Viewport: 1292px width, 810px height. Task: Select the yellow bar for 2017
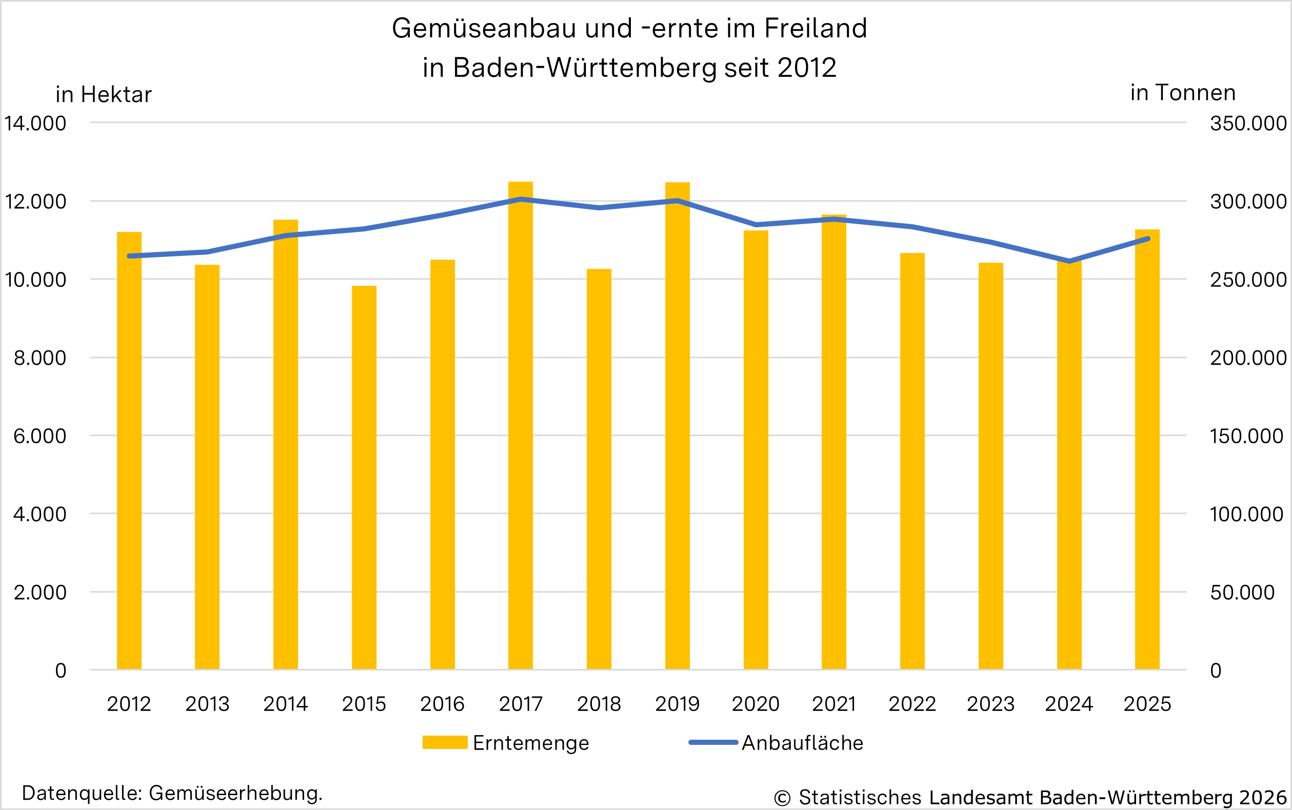coord(520,428)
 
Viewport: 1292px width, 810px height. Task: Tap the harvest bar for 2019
coord(677,428)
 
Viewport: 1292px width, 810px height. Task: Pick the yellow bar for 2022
coord(912,461)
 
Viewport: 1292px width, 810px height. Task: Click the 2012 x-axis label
coord(129,704)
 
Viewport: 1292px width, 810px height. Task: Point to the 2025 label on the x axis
coord(1147,704)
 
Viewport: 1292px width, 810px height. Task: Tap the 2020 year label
coord(756,704)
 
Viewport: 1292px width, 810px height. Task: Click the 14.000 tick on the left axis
coord(35,123)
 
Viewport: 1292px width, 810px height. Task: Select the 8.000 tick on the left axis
coord(39,358)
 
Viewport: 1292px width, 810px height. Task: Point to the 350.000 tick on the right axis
coord(1248,123)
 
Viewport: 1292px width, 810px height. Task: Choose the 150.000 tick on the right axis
coord(1246,436)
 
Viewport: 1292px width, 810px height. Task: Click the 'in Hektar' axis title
coord(104,95)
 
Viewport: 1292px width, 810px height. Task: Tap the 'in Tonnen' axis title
coord(1183,93)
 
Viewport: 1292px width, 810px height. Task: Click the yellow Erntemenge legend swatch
coord(445,742)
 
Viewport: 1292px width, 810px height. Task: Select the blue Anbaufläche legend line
coord(713,742)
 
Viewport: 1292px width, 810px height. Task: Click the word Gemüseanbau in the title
coord(484,28)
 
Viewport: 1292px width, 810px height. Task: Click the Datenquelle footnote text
coord(172,793)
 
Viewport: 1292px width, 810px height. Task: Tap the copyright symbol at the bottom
coord(782,798)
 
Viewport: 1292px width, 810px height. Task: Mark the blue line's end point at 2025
coord(1148,239)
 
